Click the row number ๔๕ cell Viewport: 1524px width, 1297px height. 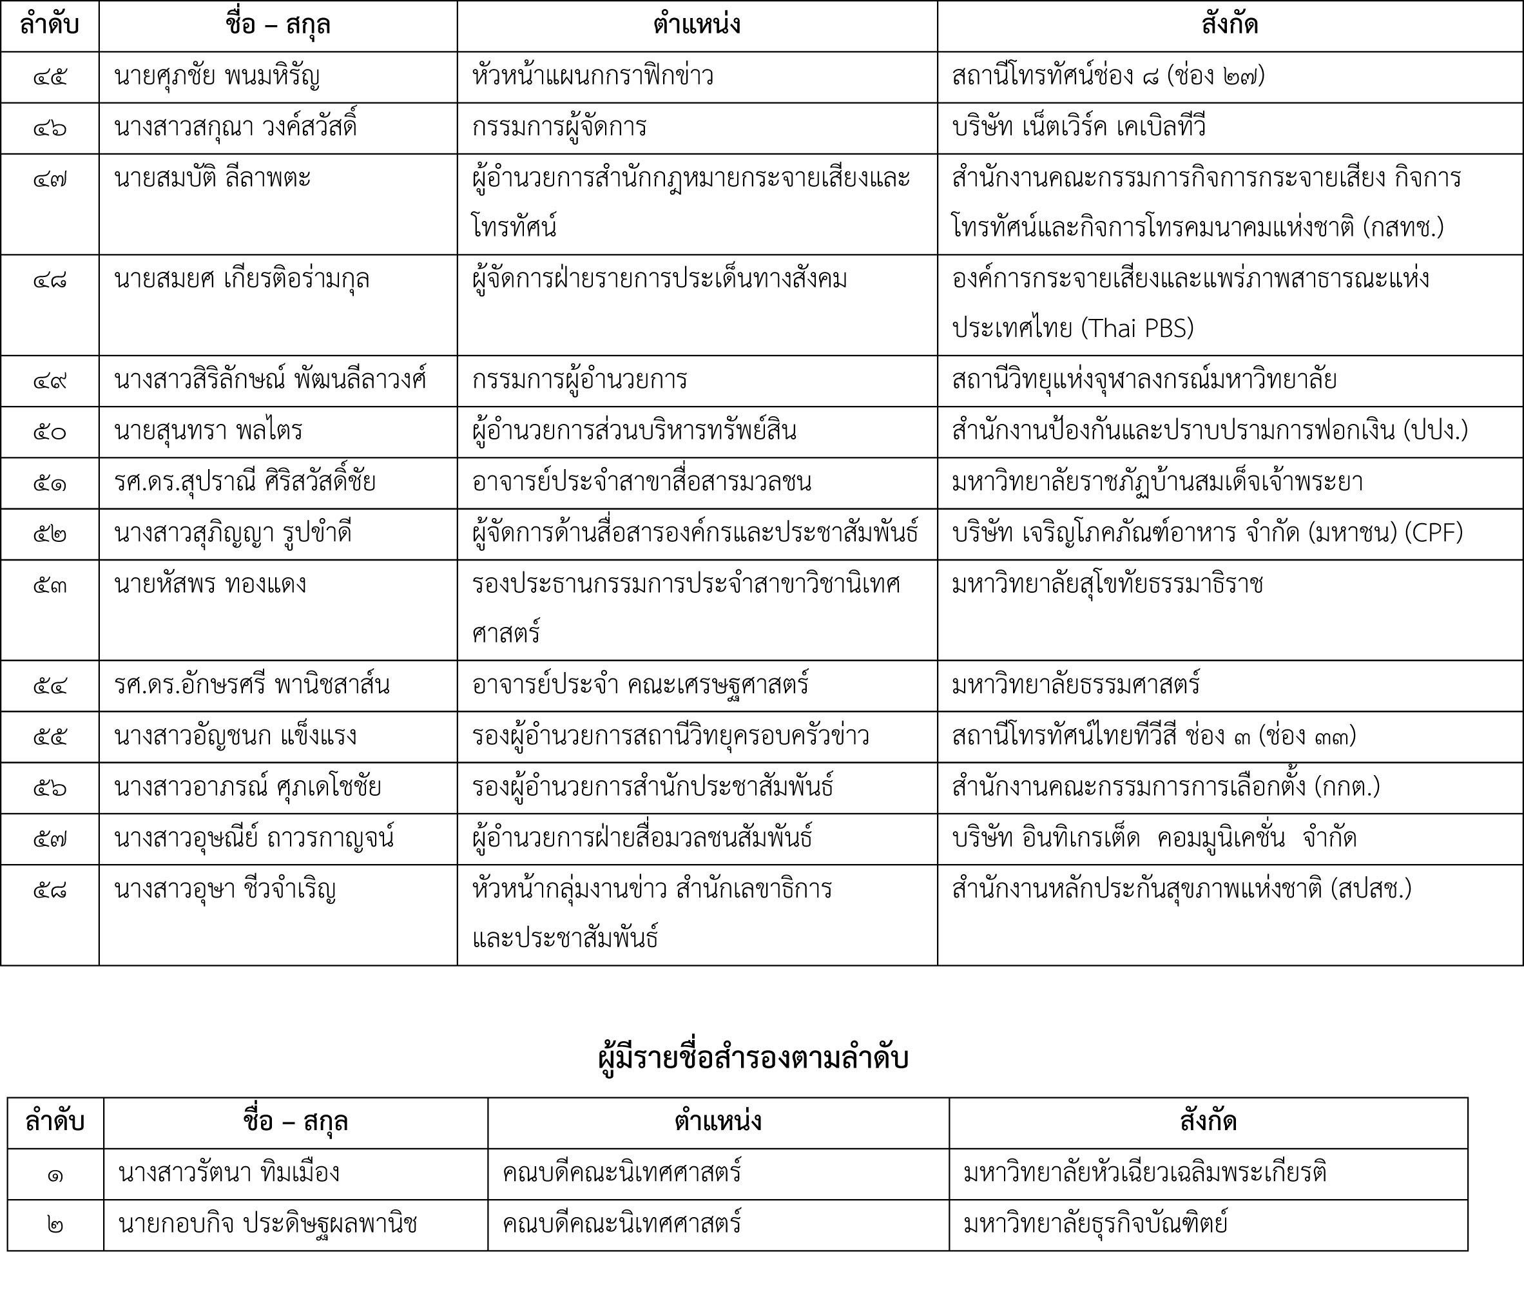(50, 77)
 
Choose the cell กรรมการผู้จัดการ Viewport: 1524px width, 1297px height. (559, 127)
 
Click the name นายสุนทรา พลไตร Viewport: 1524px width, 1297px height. (209, 432)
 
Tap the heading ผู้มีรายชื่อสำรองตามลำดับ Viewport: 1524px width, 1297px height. (753, 1059)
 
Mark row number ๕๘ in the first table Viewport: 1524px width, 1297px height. (50, 890)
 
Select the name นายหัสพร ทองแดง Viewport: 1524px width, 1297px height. (210, 584)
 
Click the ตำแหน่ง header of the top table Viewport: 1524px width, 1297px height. (696, 26)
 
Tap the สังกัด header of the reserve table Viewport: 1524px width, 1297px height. (1208, 1122)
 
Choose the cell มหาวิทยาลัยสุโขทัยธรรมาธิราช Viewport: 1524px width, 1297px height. (1107, 584)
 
